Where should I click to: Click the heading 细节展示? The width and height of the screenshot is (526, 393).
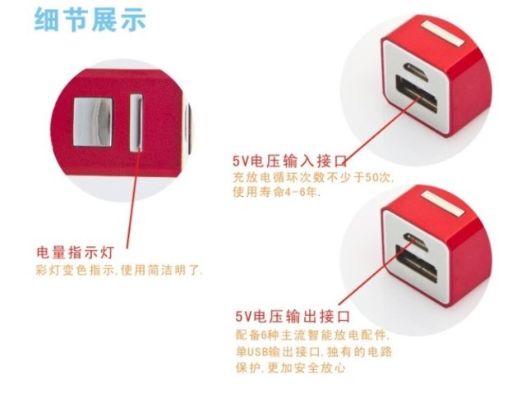[90, 21]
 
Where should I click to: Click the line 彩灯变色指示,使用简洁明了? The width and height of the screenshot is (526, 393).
[119, 269]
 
